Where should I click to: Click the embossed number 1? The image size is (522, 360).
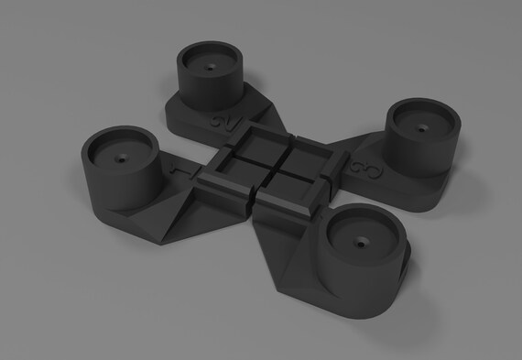click(178, 169)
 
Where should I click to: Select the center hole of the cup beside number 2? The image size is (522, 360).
click(211, 68)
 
